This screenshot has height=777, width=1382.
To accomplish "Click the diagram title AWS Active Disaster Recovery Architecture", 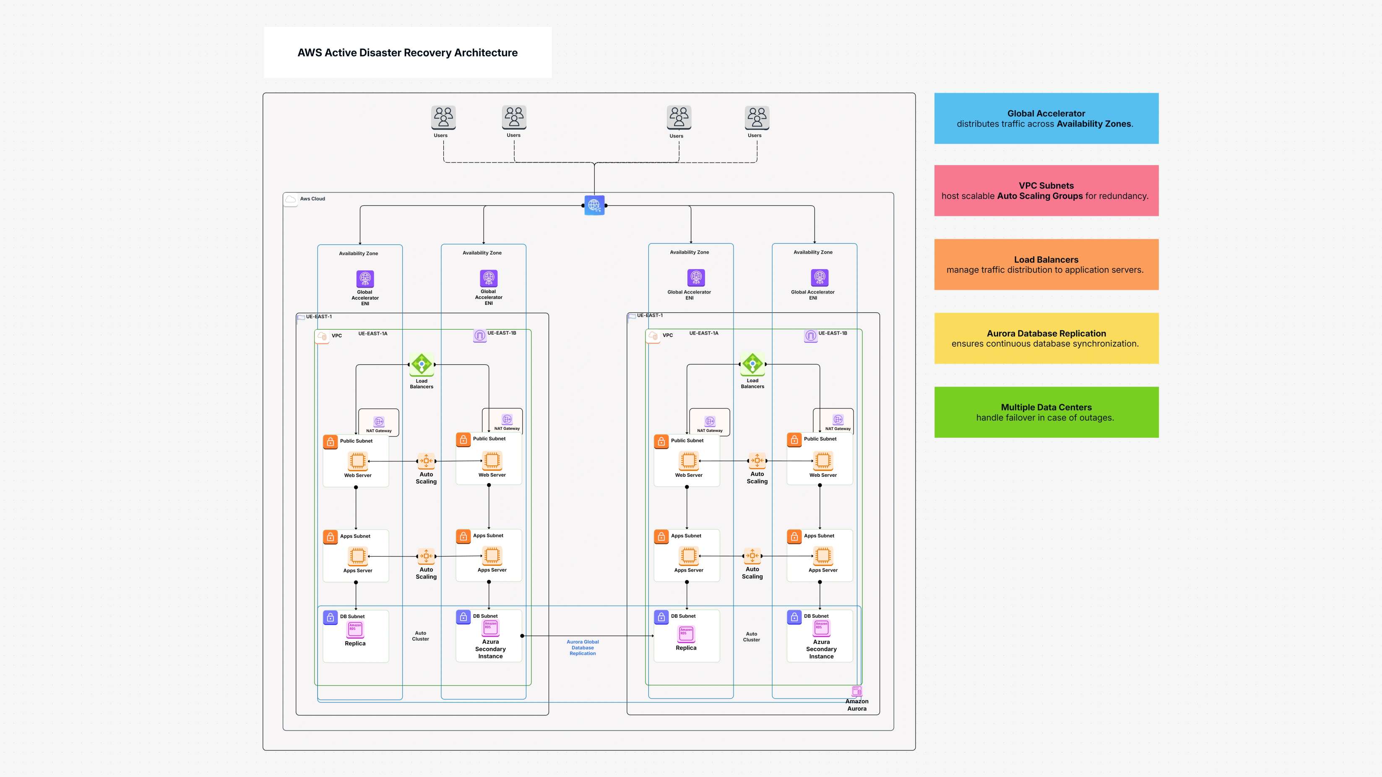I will pyautogui.click(x=407, y=52).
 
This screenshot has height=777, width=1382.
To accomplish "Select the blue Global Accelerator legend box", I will pyautogui.click(x=1046, y=119).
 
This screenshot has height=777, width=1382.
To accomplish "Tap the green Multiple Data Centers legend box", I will pyautogui.click(x=1046, y=412).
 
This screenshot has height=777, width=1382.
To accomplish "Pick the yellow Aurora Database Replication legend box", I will pyautogui.click(x=1046, y=338).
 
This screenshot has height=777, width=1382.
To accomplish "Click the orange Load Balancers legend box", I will pyautogui.click(x=1046, y=264).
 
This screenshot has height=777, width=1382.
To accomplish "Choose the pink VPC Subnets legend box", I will pyautogui.click(x=1046, y=190).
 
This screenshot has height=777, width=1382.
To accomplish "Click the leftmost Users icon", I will pyautogui.click(x=443, y=117).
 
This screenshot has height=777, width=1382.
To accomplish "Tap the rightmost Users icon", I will pyautogui.click(x=757, y=117).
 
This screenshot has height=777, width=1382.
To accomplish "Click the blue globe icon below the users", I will pyautogui.click(x=594, y=205).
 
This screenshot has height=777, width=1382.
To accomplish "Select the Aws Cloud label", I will pyautogui.click(x=312, y=199).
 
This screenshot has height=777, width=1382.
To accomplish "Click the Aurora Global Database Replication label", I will pyautogui.click(x=583, y=647).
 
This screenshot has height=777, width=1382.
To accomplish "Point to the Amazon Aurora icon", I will pyautogui.click(x=857, y=691).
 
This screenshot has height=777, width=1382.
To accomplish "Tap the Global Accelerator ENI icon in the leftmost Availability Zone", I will pyautogui.click(x=365, y=279).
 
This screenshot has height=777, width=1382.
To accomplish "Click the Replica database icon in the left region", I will pyautogui.click(x=355, y=629).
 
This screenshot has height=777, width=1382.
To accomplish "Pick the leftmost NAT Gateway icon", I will pyautogui.click(x=379, y=421).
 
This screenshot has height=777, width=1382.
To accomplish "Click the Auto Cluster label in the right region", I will pyautogui.click(x=751, y=637).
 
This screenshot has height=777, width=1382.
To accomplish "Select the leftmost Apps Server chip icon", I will pyautogui.click(x=357, y=556).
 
